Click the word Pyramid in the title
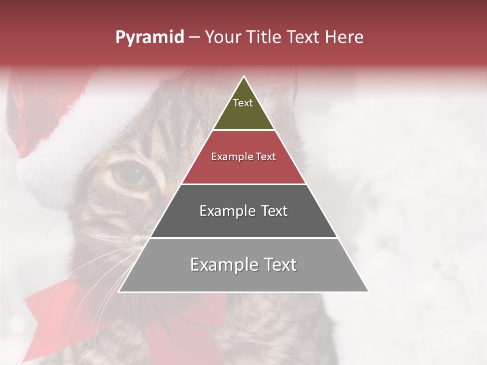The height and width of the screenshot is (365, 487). (x=149, y=38)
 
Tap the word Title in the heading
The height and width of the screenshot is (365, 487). (x=265, y=37)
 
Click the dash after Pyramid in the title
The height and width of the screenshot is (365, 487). (x=194, y=38)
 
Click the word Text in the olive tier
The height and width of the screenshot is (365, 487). (x=243, y=103)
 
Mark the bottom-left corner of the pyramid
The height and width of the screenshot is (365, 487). (x=119, y=292)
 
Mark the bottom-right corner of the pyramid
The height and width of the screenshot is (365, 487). (x=369, y=292)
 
